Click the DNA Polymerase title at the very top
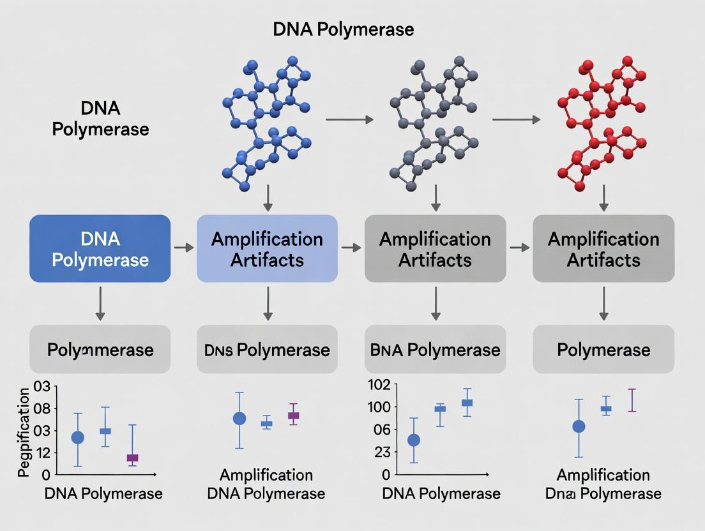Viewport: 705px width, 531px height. click(x=343, y=29)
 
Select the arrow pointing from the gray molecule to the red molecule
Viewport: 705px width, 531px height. click(x=516, y=119)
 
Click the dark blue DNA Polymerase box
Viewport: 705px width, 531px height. click(x=100, y=249)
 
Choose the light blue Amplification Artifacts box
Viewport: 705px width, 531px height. click(x=267, y=249)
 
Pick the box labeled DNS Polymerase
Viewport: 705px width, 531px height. click(x=267, y=350)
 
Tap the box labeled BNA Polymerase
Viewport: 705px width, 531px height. click(x=435, y=350)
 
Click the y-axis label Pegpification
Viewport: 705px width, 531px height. click(x=24, y=432)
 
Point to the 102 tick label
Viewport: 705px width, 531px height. click(x=379, y=385)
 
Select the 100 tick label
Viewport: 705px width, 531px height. click(x=379, y=407)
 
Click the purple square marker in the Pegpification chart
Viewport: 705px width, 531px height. click(x=132, y=458)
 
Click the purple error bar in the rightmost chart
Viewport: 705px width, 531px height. click(x=632, y=400)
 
